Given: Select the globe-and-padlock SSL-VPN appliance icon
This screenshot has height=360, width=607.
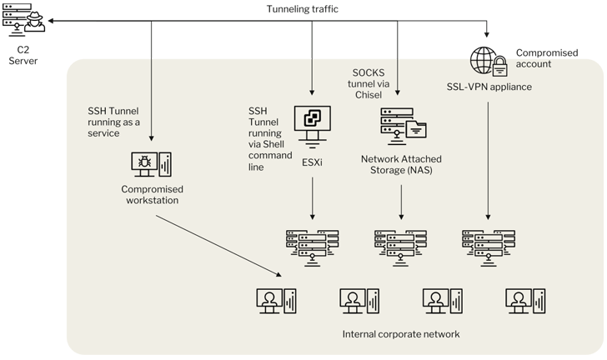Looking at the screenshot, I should (x=486, y=62).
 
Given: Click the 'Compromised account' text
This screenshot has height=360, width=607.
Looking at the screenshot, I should (x=546, y=58).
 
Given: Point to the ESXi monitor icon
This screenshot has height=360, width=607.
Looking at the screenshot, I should (x=312, y=123).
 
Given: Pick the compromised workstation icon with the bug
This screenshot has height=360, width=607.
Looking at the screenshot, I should (x=151, y=165).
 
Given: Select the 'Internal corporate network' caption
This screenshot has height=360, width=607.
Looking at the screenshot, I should (x=401, y=334).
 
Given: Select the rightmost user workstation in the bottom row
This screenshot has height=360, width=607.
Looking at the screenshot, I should (x=525, y=300).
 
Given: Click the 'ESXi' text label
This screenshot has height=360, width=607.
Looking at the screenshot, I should (x=312, y=164).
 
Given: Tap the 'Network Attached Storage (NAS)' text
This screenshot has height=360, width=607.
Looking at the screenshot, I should (x=401, y=164).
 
